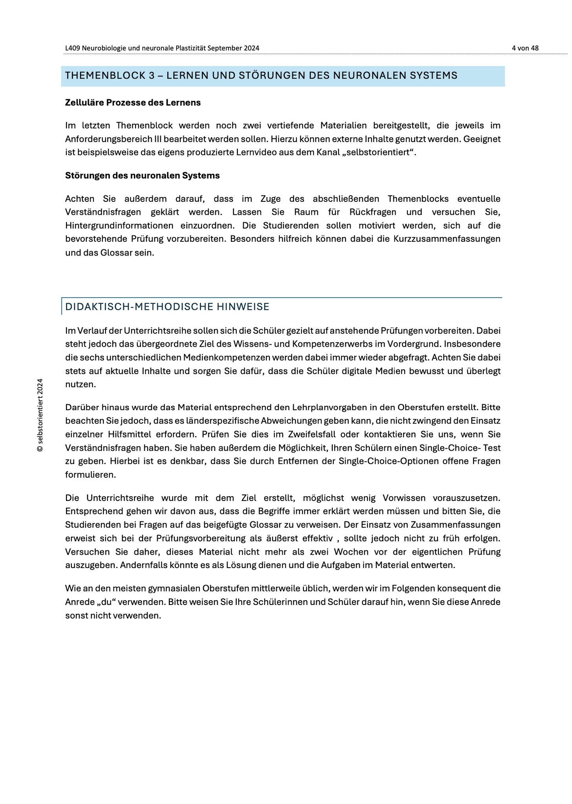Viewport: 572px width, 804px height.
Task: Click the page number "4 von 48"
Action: (525, 48)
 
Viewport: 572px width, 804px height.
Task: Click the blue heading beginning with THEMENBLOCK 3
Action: (261, 76)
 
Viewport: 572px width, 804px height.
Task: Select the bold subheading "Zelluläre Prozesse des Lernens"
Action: (133, 103)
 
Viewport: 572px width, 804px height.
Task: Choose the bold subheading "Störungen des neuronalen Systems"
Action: (142, 175)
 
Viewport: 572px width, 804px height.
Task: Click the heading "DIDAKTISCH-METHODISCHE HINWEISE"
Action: (167, 307)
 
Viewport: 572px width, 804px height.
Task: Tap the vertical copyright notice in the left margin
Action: (40, 415)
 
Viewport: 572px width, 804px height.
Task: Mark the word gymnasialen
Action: (174, 588)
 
